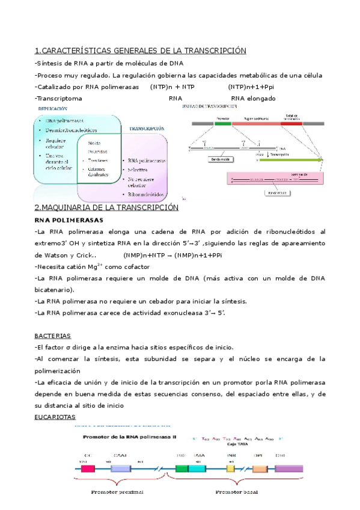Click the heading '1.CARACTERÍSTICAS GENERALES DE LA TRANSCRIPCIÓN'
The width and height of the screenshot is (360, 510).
141,50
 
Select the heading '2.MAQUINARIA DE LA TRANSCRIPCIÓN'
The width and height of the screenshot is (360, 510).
107,207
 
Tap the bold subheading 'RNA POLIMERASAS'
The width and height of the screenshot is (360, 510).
69,220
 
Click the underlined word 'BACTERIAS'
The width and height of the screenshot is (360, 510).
53,336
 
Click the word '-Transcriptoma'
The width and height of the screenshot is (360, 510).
58,99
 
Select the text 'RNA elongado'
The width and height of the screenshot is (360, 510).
253,99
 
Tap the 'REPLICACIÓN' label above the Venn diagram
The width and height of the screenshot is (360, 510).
53,109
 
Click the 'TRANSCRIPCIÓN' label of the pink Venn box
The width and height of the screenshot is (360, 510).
146,129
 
